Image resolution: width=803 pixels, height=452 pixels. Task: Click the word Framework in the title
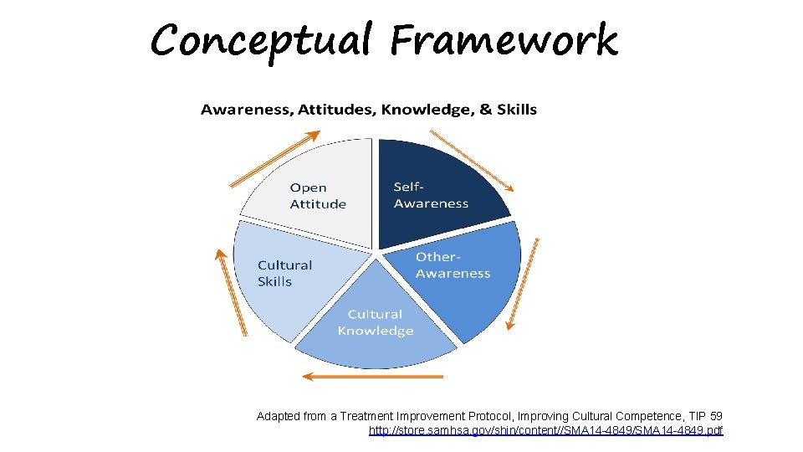tap(504, 39)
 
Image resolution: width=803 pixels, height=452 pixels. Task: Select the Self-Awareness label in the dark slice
tap(431, 195)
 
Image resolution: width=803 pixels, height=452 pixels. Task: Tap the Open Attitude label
tap(318, 196)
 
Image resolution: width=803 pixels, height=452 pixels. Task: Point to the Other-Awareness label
tap(453, 265)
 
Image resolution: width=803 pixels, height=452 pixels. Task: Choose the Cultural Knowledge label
tap(376, 322)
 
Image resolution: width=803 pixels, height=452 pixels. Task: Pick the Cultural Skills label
tap(284, 273)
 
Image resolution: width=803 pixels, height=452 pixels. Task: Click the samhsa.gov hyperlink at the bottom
tap(545, 430)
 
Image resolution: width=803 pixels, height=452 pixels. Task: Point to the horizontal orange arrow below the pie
tap(372, 377)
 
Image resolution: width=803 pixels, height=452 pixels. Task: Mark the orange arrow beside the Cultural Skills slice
tap(231, 293)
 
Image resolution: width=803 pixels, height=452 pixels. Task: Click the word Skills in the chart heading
tap(517, 110)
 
